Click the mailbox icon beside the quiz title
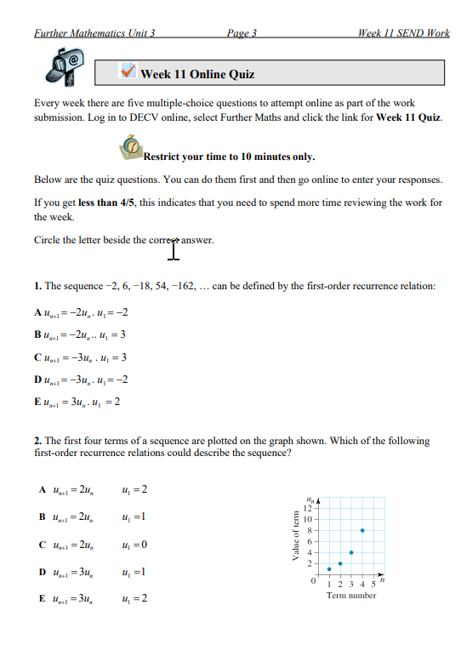(68, 68)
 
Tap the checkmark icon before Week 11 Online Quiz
(128, 72)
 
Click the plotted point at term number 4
(352, 552)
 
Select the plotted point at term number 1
(329, 569)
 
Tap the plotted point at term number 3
(340, 563)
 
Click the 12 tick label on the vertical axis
(309, 507)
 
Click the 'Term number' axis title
(350, 596)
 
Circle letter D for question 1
(37, 379)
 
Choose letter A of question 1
(37, 312)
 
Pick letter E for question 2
(42, 598)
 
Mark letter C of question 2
(42, 544)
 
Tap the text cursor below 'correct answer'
(174, 250)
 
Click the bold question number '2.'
(38, 442)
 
